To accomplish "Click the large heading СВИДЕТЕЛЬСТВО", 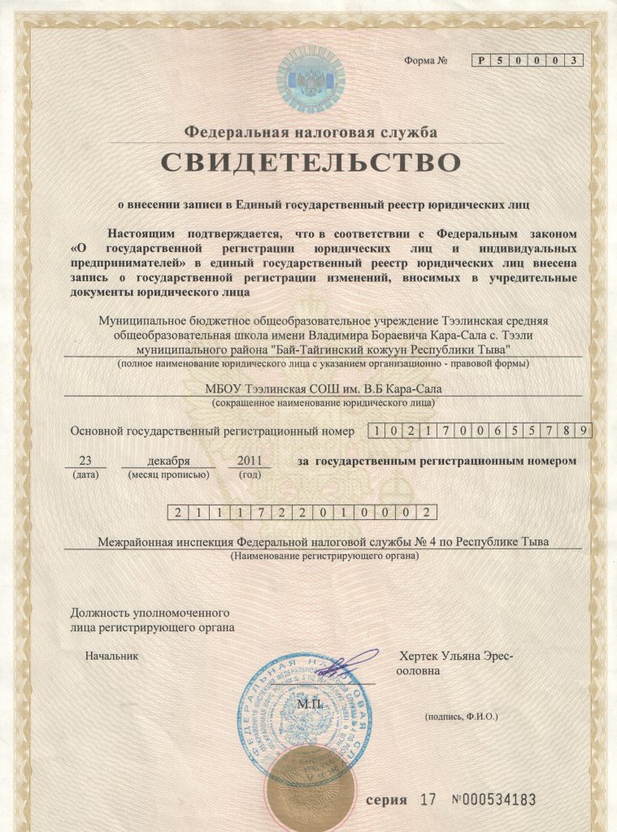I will tap(310, 161).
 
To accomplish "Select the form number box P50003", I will tap(528, 61).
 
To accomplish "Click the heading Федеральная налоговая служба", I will tap(311, 131).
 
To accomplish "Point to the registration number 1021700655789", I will tap(480, 431).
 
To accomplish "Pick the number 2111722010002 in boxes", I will tap(302, 512).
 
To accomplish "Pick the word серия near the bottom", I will tap(386, 799).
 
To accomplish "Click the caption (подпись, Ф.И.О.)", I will tap(461, 717).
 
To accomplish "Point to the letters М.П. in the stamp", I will tap(310, 704).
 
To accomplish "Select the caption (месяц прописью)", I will tap(168, 474).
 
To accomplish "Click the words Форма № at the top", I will tap(427, 62).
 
